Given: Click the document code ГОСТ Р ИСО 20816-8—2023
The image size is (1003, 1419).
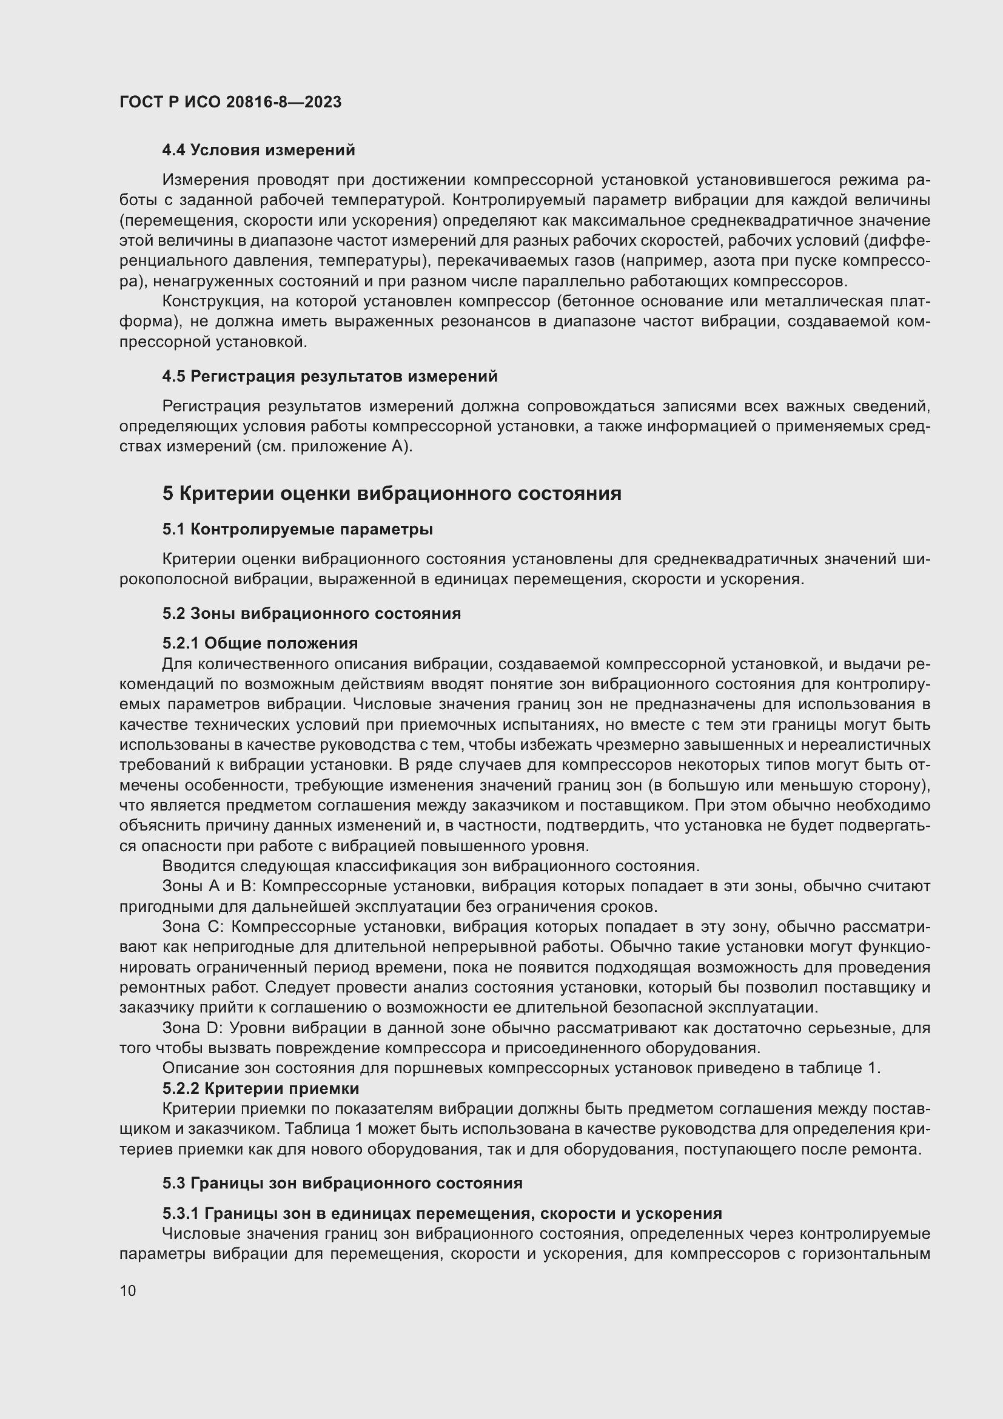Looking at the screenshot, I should pos(230,103).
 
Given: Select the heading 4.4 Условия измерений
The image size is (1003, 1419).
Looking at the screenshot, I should pos(259,150).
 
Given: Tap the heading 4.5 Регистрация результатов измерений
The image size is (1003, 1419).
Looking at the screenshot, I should pos(330,376).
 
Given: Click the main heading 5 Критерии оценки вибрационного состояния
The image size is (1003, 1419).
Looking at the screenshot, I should pos(392,493).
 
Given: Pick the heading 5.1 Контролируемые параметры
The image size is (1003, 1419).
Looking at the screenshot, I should pos(298,529).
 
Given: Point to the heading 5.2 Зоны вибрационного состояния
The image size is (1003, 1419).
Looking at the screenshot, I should pos(312,614).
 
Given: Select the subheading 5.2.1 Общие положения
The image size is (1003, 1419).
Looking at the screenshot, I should pos(260,643).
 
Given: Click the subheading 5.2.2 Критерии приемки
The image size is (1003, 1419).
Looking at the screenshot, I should pos(261,1088).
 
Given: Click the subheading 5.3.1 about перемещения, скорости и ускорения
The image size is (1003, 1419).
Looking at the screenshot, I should pos(442,1213).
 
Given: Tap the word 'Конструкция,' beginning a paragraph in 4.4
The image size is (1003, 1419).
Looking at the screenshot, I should pos(202,302).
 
